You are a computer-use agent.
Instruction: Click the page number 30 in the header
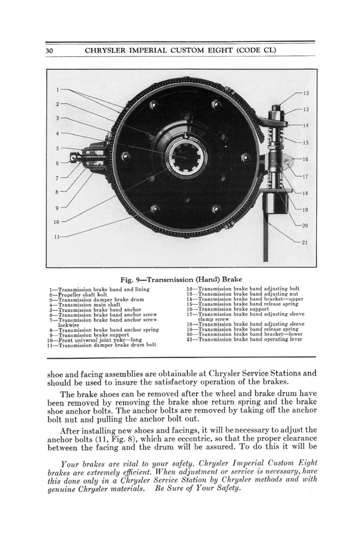50,51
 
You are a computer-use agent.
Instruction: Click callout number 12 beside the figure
306,94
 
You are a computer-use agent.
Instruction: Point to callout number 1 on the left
57,90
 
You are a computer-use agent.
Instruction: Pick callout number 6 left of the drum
57,163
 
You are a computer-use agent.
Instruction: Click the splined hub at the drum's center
184,157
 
